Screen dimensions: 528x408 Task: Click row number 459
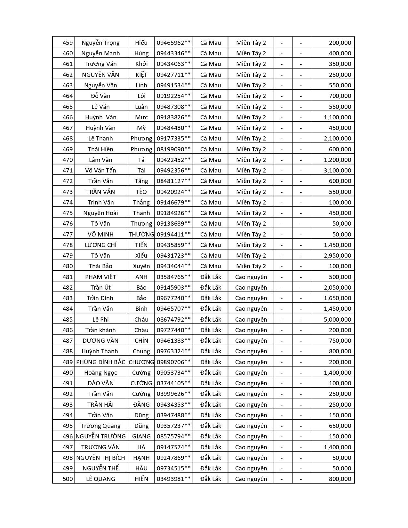tap(68, 43)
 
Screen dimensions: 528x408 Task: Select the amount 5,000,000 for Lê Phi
tap(337, 319)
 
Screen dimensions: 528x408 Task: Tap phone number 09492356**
tap(173, 170)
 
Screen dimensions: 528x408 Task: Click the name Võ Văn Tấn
tap(100, 170)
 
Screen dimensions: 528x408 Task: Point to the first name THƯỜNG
tap(141, 234)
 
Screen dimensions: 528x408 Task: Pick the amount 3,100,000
tap(337, 170)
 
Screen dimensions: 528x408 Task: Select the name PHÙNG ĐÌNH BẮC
tap(100, 362)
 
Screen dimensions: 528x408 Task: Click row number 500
tap(68, 479)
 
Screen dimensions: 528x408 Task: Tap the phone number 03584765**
tap(173, 277)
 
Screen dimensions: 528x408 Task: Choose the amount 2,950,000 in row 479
tap(337, 255)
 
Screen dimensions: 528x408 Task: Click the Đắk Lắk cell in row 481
tap(211, 277)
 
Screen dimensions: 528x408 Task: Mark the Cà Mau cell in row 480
tap(211, 266)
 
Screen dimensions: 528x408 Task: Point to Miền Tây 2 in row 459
tap(251, 43)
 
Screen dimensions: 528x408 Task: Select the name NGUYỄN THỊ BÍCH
tap(100, 458)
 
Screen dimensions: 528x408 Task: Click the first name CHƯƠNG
tap(141, 362)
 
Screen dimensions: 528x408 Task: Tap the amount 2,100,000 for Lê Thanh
tap(337, 138)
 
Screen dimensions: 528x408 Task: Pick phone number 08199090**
tap(173, 149)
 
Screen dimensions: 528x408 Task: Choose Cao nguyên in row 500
tap(251, 479)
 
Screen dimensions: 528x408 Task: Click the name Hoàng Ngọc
tap(100, 372)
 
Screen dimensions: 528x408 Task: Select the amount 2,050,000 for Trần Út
tap(337, 287)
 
